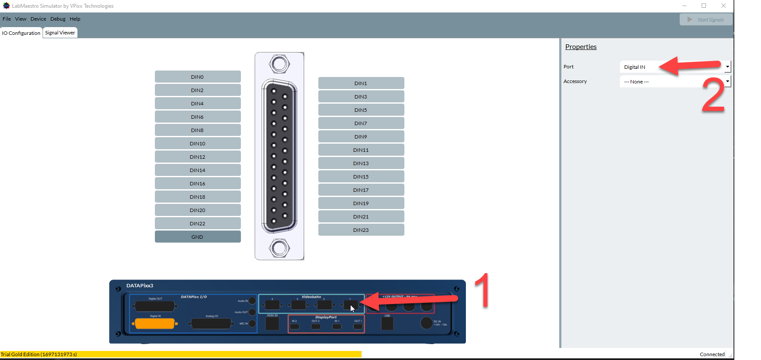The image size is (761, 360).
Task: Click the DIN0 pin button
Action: click(x=197, y=77)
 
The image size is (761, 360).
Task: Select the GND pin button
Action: click(x=197, y=237)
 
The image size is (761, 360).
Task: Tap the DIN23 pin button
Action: click(x=361, y=230)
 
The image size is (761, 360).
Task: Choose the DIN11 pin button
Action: click(x=361, y=150)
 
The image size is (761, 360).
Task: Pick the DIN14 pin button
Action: click(x=197, y=170)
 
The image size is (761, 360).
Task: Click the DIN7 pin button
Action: click(x=361, y=123)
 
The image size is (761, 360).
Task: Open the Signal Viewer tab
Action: click(x=60, y=33)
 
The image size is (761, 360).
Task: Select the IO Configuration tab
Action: click(x=21, y=33)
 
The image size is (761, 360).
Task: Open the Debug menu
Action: click(x=58, y=19)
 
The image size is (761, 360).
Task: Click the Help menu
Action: click(x=75, y=19)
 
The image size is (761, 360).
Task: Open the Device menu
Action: click(x=38, y=19)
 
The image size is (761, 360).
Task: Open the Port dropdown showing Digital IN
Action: click(x=675, y=67)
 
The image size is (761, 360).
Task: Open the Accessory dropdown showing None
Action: click(x=675, y=82)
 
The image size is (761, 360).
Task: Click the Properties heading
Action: click(x=581, y=47)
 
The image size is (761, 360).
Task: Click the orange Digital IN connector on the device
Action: click(x=155, y=324)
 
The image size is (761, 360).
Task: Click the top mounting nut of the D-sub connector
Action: click(x=279, y=65)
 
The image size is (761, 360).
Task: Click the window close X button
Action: click(x=724, y=6)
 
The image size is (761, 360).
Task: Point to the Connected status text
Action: click(x=712, y=354)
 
